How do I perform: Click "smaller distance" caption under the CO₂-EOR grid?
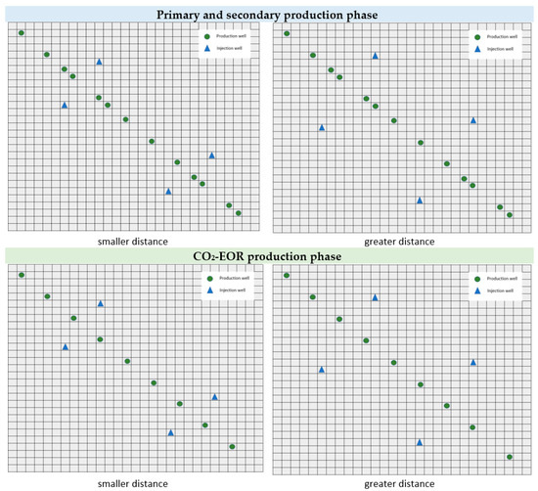132,483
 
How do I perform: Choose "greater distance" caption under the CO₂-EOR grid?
399,483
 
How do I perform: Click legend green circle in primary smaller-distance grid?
208,35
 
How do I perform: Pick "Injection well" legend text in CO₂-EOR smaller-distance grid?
231,290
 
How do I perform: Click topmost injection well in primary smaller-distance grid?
99,62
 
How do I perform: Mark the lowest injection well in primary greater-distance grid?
420,200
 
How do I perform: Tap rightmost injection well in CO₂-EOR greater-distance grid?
473,362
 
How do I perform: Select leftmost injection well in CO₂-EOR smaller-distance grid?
65,346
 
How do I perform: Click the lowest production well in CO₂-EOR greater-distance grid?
510,456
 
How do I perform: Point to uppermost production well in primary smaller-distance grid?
22,33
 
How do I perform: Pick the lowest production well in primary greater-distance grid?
510,214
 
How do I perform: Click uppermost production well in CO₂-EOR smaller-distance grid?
22,275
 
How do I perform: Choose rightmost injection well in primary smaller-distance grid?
211,155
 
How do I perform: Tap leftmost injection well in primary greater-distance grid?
322,127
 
